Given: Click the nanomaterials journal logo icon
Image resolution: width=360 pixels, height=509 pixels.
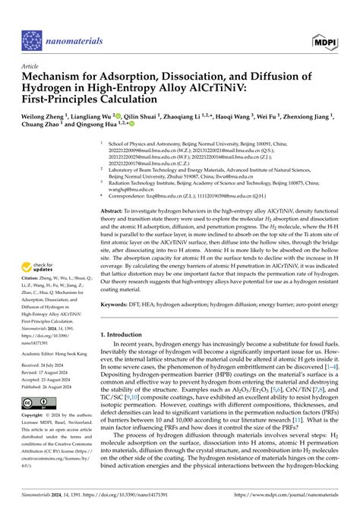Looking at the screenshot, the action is point(33,40).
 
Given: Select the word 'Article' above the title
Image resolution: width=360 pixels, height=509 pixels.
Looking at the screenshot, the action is point(31,66).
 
